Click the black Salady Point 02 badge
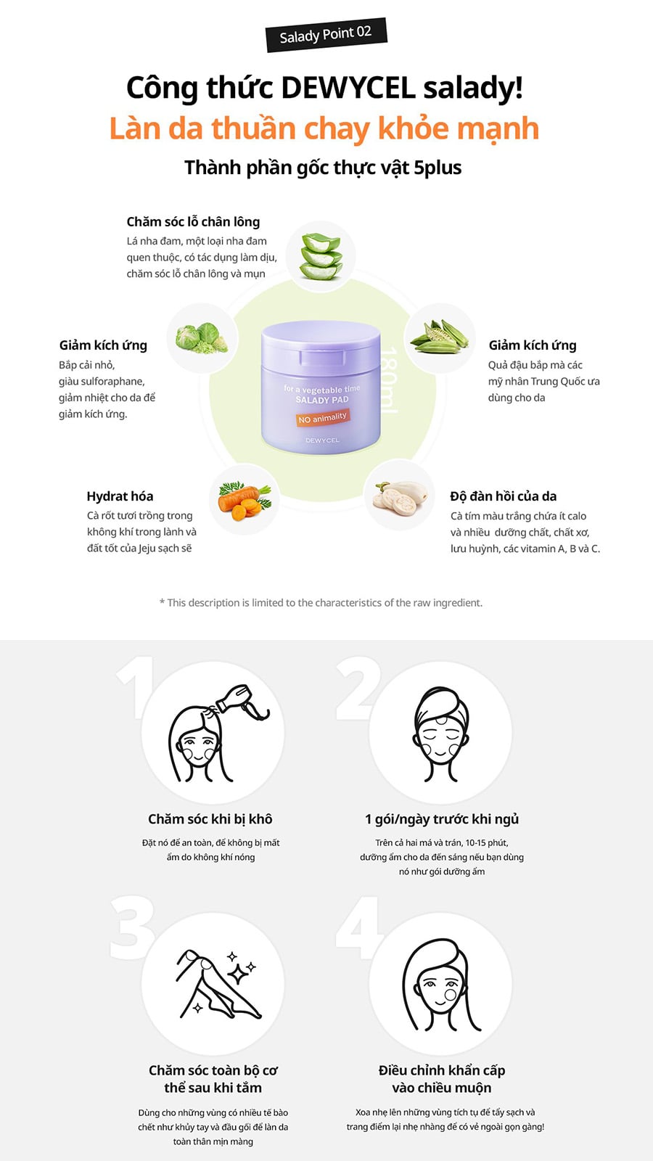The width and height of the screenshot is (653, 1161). click(x=326, y=35)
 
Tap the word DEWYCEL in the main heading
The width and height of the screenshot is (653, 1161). click(x=348, y=88)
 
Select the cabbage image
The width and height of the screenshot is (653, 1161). click(x=202, y=338)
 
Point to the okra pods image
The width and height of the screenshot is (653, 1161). click(x=440, y=337)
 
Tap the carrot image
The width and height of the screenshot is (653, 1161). click(x=244, y=500)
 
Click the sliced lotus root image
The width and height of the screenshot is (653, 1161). click(x=400, y=498)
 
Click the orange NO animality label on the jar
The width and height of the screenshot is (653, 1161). click(x=322, y=418)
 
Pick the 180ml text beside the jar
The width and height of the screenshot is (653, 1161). click(x=389, y=380)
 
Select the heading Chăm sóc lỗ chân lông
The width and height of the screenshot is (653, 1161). click(x=193, y=222)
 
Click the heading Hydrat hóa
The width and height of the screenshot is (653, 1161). click(x=120, y=496)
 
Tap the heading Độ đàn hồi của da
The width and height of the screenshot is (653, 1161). click(x=504, y=496)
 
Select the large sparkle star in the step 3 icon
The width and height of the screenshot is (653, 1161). click(x=238, y=975)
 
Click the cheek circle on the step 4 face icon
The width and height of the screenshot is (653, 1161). click(x=451, y=995)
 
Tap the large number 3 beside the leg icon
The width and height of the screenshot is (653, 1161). click(x=133, y=928)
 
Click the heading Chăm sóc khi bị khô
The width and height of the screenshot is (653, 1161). click(x=210, y=819)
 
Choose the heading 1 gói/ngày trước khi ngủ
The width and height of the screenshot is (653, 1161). click(x=442, y=819)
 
